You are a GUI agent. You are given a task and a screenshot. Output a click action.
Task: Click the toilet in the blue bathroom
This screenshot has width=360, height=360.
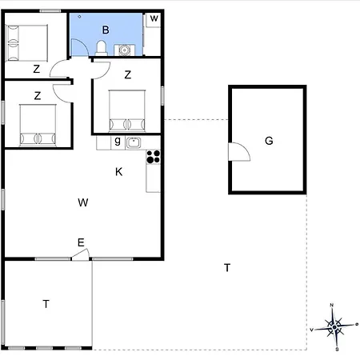tap(101, 48)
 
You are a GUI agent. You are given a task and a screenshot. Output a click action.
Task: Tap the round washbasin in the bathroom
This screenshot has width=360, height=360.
tap(124, 50)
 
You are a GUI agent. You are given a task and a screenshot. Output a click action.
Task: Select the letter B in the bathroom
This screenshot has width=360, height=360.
tap(106, 30)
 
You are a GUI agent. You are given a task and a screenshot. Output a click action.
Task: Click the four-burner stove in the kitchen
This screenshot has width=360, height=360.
tap(154, 157)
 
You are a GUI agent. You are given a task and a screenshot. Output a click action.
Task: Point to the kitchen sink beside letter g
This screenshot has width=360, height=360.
tap(133, 142)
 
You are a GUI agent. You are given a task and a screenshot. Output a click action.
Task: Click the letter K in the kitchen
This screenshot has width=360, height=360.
tap(118, 172)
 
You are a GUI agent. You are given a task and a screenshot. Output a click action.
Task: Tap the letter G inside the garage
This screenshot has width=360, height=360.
tap(269, 141)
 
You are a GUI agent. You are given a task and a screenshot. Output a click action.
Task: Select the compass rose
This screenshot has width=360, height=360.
tap(334, 327)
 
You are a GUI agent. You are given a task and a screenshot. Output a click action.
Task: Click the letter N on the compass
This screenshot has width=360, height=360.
tap(332, 305)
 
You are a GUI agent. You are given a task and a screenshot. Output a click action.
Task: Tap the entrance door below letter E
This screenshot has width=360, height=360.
tap(80, 255)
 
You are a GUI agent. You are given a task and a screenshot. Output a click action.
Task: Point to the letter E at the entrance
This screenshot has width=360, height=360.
tap(81, 242)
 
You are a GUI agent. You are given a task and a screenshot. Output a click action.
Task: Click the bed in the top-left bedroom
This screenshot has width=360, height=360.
tap(26, 43)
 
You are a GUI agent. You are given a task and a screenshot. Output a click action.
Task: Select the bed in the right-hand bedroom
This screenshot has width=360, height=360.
tap(127, 110)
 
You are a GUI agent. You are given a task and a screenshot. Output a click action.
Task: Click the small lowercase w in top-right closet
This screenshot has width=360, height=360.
tap(154, 18)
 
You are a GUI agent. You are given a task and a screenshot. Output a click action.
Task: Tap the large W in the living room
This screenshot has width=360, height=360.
tap(83, 202)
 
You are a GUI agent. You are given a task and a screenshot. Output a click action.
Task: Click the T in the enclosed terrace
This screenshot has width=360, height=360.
tap(46, 304)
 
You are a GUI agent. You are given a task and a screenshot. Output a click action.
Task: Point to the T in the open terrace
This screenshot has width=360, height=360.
tap(227, 267)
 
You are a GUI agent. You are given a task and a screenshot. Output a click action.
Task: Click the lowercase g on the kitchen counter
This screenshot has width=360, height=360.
tap(118, 141)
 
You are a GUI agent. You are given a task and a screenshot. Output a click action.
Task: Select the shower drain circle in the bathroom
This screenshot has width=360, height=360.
tap(79, 17)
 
